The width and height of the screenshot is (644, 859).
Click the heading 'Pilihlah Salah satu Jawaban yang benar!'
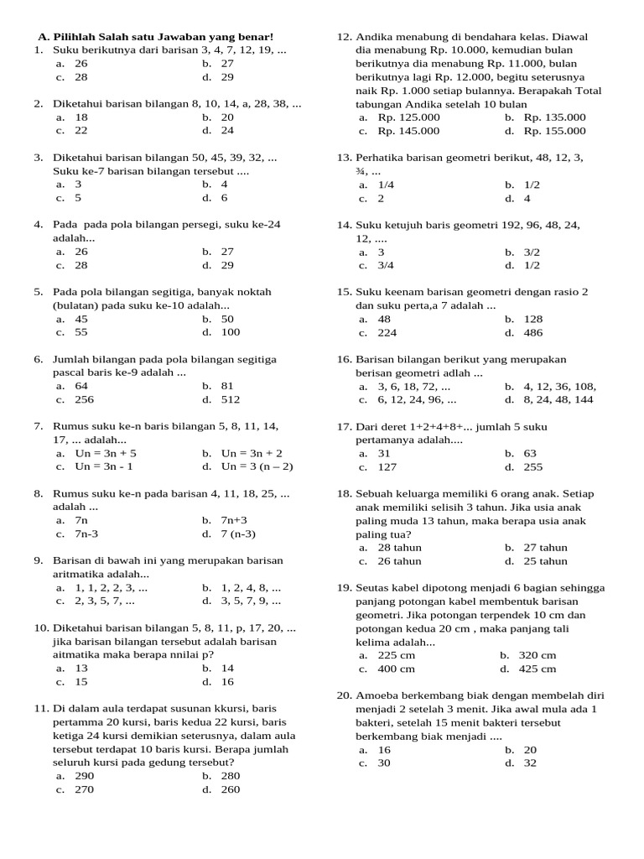point(163,37)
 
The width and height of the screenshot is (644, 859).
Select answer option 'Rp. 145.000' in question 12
point(408,131)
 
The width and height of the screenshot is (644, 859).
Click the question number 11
point(42,709)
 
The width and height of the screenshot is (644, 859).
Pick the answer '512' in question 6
point(231,399)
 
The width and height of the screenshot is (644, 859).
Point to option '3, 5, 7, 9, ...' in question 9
point(251,601)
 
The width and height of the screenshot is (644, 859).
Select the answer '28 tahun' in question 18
point(400,548)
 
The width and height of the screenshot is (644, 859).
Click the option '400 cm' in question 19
point(397,669)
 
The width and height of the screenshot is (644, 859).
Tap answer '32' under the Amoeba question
point(530,763)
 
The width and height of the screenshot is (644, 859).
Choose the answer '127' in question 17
point(387,466)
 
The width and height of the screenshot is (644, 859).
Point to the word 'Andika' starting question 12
point(375,37)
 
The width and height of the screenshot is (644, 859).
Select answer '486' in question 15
point(533,332)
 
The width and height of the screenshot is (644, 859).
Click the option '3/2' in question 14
point(532,252)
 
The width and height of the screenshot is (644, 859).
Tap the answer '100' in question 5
point(231,332)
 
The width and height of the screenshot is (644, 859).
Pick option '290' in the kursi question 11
point(85,776)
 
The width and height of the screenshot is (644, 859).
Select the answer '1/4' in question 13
point(386,185)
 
